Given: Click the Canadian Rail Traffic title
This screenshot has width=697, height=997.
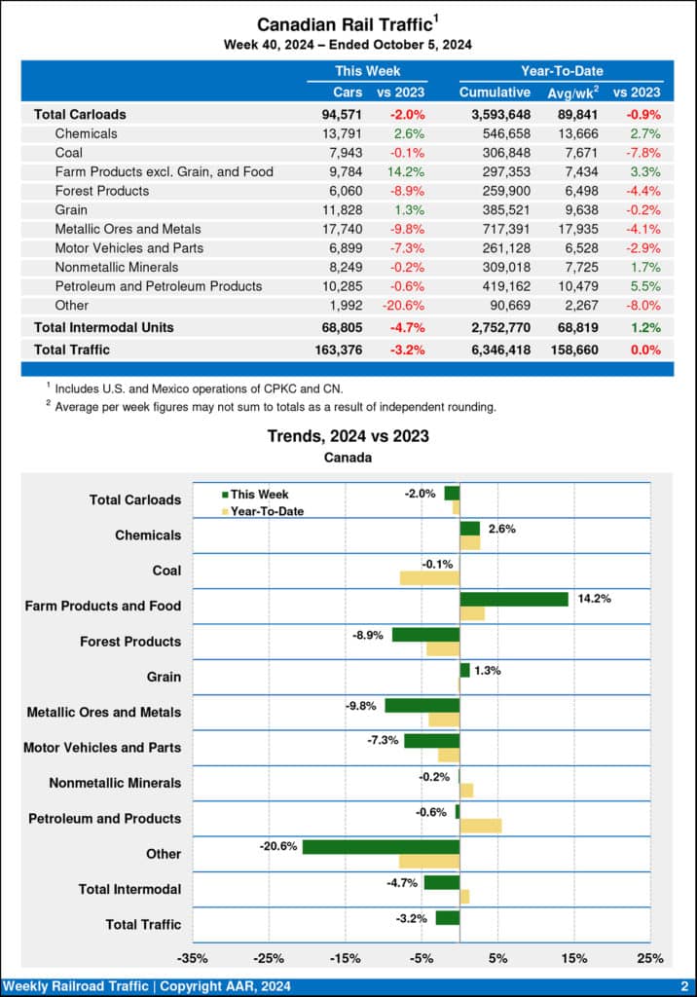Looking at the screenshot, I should pyautogui.click(x=343, y=24).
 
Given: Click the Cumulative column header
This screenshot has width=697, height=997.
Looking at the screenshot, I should pyautogui.click(x=495, y=92).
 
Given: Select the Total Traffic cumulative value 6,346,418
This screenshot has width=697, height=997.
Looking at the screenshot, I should pyautogui.click(x=495, y=350).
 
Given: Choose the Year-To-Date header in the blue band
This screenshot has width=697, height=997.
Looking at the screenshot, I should pyautogui.click(x=562, y=71).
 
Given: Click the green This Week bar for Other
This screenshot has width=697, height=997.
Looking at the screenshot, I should pyautogui.click(x=381, y=847).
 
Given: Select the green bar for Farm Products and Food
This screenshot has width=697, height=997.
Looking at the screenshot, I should pyautogui.click(x=513, y=599).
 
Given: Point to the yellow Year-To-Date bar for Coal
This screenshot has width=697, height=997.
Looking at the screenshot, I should pyautogui.click(x=429, y=577).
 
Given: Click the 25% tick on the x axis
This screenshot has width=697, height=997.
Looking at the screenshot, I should pyautogui.click(x=650, y=958).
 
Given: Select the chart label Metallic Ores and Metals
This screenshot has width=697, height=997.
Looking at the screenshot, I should pyautogui.click(x=104, y=713).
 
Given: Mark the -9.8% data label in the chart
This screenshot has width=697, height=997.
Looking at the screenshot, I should pyautogui.click(x=362, y=705).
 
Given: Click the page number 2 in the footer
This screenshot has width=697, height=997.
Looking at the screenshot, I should pyautogui.click(x=684, y=987).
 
